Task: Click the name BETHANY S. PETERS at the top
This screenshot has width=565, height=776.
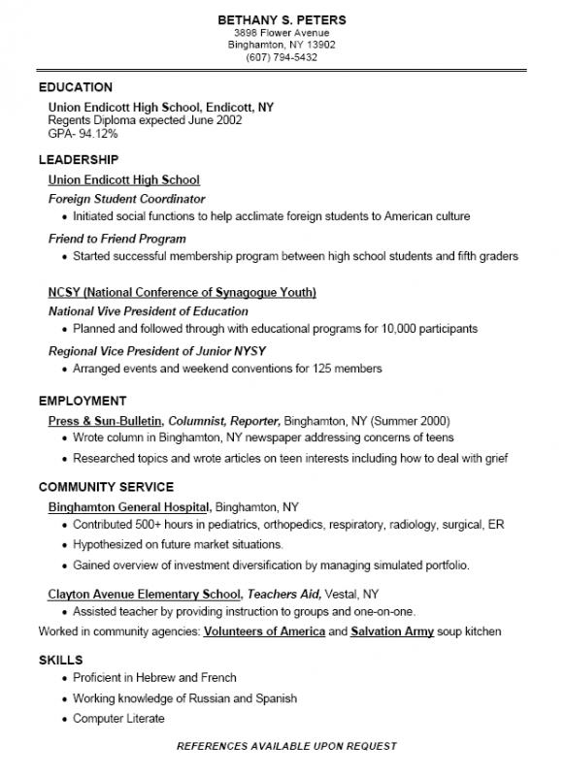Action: tap(282, 19)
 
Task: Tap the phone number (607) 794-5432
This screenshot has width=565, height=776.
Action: tap(282, 57)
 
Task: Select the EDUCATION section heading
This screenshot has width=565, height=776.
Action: tap(76, 87)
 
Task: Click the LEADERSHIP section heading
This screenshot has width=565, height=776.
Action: tap(79, 159)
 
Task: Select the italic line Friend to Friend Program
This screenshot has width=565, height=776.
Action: tap(117, 239)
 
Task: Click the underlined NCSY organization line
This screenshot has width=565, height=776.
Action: tap(182, 292)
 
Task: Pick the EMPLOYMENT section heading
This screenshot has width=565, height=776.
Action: tap(83, 401)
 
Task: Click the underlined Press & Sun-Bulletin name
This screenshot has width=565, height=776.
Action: tap(105, 421)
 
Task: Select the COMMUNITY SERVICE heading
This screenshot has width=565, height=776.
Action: tap(107, 487)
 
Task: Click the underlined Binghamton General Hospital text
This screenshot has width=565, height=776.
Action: tap(128, 506)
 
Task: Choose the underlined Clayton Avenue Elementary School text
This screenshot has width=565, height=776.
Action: tap(145, 594)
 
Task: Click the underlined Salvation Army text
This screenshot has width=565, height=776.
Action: tap(391, 631)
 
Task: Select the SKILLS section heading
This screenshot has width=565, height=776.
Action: tap(59, 660)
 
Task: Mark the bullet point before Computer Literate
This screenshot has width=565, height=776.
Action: tap(64, 719)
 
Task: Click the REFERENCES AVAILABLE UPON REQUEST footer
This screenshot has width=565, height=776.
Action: tap(286, 746)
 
